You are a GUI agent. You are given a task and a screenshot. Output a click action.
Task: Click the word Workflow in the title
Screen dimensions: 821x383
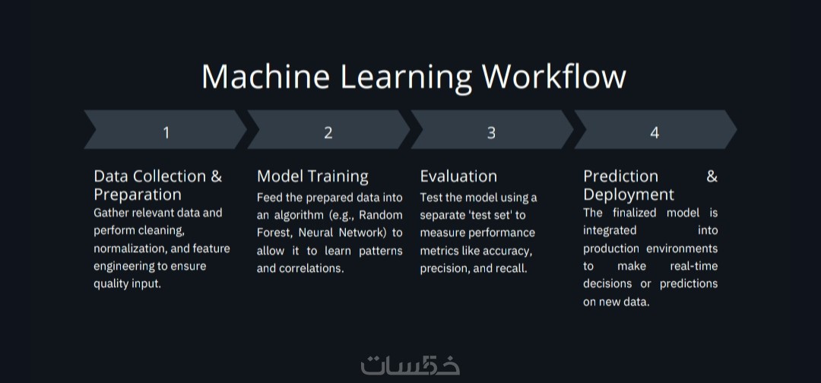coord(554,77)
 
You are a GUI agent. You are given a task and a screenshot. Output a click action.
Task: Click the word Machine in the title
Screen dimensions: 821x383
coord(265,77)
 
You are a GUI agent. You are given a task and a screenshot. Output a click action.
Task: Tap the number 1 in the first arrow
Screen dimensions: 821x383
coord(166,133)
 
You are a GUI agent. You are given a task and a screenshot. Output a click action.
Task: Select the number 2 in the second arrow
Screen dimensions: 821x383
coord(328,133)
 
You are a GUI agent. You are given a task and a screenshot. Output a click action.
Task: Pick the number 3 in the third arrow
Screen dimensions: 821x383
coord(491,133)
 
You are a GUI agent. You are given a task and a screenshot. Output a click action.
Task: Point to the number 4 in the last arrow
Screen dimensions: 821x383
coord(655,133)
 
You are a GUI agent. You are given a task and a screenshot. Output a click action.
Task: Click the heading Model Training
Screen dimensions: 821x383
coord(312,176)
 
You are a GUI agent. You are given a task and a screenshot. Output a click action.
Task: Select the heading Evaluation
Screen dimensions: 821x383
coord(458,176)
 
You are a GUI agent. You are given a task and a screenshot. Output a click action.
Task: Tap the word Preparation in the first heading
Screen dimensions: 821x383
coord(138,195)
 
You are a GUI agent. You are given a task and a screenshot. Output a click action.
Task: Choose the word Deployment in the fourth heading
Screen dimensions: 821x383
coord(629,195)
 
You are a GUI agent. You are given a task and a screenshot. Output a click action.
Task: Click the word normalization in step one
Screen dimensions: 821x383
coord(130,248)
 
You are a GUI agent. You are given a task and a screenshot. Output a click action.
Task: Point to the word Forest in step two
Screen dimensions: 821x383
coord(271,233)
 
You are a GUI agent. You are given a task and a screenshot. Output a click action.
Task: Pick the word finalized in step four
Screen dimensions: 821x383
coord(635,213)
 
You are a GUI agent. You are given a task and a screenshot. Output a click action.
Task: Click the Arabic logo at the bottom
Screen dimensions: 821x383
coord(410,366)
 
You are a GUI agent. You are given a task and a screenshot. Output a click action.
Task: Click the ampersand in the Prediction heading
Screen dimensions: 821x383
coord(712,176)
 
